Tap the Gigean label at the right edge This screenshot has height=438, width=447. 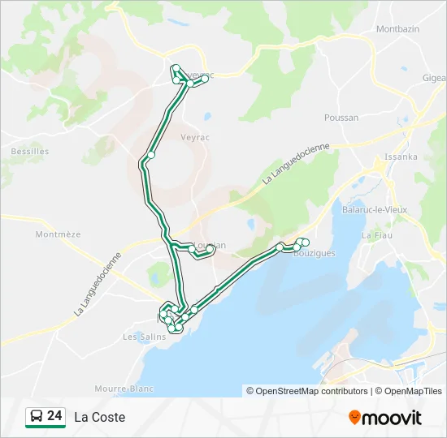434,78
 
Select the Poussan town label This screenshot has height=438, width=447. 341,118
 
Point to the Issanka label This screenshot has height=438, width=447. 401,157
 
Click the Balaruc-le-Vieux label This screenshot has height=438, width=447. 374,209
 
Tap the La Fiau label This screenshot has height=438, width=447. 377,235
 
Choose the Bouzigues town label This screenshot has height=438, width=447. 314,254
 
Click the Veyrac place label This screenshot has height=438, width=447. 195,138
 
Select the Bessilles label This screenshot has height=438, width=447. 29,152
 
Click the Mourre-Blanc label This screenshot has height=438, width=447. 124,389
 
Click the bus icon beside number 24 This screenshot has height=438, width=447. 37,417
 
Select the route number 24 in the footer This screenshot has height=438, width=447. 55,416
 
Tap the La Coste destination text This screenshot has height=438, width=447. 99,417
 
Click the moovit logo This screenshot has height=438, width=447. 385,418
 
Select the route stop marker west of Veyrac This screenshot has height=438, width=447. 150,155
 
